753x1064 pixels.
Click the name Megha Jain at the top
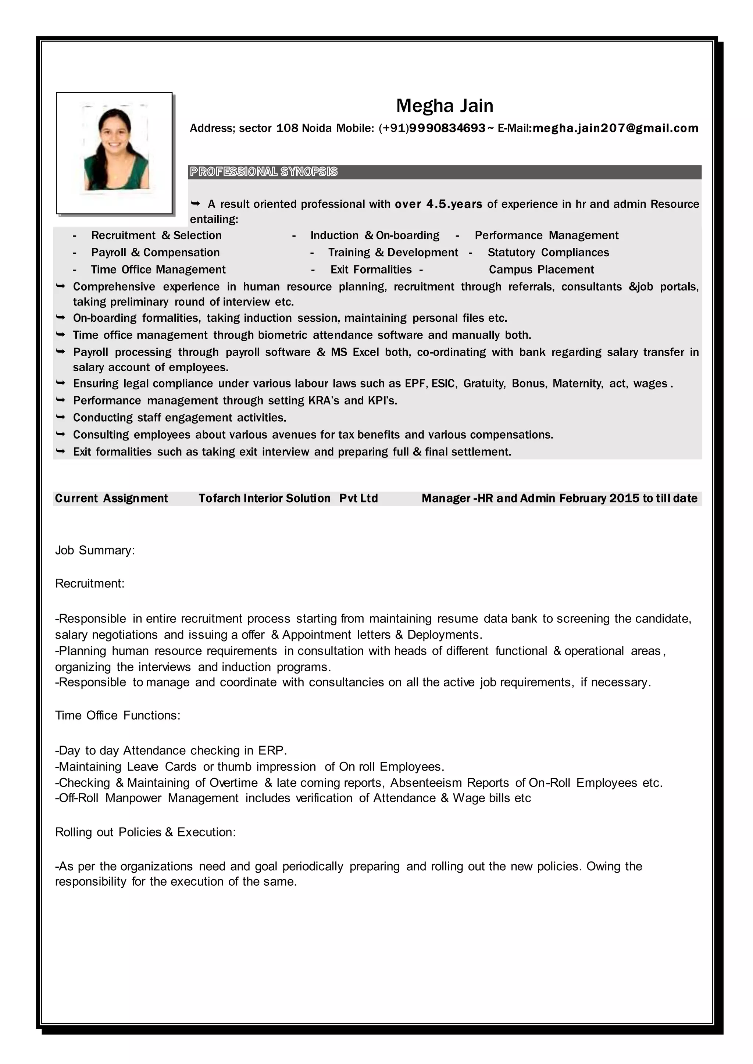coord(444,106)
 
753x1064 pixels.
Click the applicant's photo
coord(114,153)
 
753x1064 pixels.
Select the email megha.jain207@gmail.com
coord(615,128)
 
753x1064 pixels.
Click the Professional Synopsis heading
coord(263,172)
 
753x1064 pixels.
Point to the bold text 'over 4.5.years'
coord(438,204)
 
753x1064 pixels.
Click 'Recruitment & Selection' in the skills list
coord(156,236)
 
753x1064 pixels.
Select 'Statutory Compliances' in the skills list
coord(548,253)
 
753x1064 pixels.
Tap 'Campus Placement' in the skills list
coord(541,270)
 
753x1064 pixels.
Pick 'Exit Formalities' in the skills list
coord(371,270)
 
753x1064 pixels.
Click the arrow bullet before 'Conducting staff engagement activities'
coord(60,417)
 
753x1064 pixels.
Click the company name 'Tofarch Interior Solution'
coord(264,499)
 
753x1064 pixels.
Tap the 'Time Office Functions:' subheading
coord(118,715)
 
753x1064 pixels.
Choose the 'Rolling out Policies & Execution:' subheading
coord(146,832)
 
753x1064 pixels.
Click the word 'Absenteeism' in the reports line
coord(426,783)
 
